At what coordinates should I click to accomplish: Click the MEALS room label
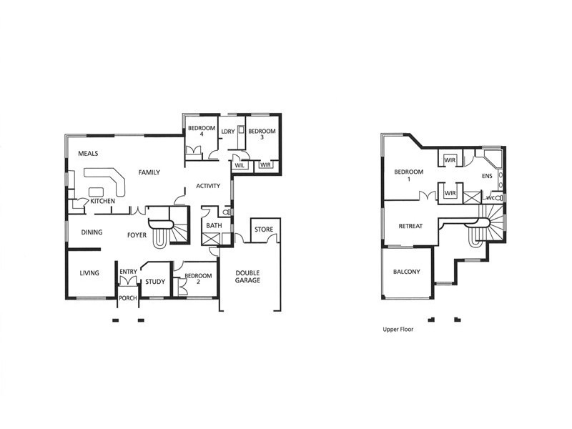88,154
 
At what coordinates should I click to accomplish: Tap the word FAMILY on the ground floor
149,172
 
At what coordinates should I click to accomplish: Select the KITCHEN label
102,202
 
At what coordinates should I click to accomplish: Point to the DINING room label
92,232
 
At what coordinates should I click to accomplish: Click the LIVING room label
89,273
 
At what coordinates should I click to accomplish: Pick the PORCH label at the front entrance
128,299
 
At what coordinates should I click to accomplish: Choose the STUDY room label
155,282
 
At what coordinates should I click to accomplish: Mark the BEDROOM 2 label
198,279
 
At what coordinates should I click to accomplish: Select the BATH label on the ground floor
214,226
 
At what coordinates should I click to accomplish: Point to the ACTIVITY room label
207,187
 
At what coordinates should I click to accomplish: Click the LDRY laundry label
228,132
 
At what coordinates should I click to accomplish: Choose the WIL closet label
240,166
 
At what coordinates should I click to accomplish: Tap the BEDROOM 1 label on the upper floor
408,175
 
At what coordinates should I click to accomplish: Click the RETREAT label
410,227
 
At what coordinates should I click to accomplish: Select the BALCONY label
406,272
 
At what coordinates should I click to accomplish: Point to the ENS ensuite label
487,175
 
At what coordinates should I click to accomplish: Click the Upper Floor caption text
399,331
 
